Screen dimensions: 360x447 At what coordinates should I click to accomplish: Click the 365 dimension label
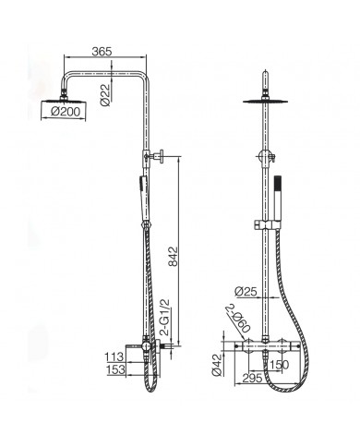(x=102, y=52)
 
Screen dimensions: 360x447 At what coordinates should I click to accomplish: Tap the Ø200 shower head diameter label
(x=66, y=111)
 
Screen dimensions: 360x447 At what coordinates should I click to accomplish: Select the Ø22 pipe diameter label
(x=105, y=95)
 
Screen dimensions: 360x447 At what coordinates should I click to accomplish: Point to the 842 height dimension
(x=174, y=256)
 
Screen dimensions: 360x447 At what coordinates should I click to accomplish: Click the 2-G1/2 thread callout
(x=165, y=318)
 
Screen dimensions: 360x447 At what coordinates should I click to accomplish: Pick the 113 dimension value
(x=114, y=357)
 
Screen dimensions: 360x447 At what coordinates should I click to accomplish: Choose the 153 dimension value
(x=115, y=369)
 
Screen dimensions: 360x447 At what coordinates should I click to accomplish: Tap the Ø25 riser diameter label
(x=246, y=291)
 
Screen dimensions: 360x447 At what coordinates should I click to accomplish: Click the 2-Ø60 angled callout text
(x=238, y=319)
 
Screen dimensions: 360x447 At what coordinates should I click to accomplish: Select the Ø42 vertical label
(x=217, y=365)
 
